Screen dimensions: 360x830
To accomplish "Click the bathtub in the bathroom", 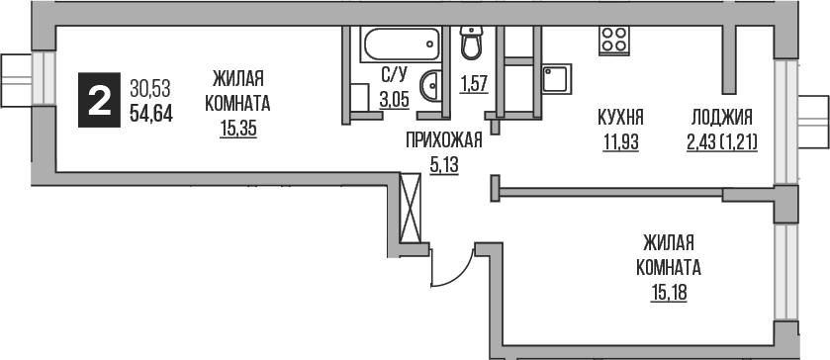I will click(x=401, y=45).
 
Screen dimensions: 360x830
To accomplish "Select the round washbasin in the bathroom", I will click(x=433, y=86).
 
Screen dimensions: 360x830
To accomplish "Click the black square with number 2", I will click(x=100, y=100).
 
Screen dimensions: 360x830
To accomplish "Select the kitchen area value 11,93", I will click(x=621, y=141).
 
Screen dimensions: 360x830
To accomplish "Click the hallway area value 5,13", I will click(x=443, y=165).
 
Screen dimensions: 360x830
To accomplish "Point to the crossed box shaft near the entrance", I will click(x=412, y=205).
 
